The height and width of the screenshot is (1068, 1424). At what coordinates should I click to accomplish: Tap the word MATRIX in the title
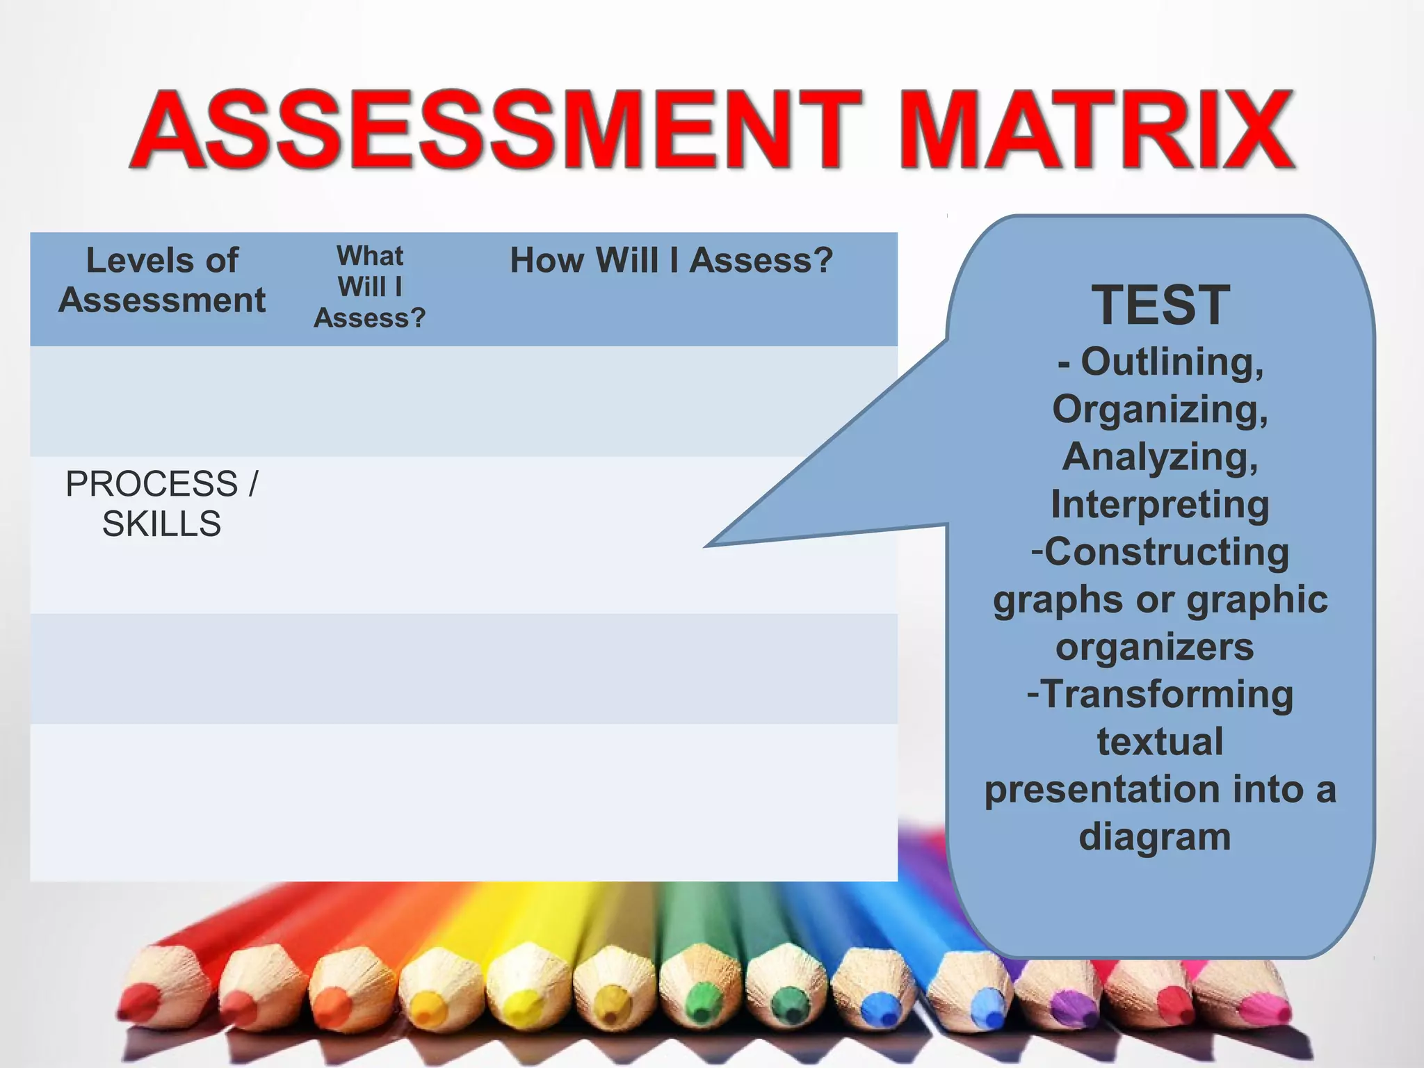pos(1099,130)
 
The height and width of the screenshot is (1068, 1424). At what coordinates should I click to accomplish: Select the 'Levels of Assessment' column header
pos(162,280)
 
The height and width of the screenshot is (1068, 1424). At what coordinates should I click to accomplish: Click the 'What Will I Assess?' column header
pos(370,286)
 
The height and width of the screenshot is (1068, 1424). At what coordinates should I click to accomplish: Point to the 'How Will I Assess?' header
pos(671,261)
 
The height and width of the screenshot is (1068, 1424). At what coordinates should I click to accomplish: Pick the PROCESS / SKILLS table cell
pos(161,504)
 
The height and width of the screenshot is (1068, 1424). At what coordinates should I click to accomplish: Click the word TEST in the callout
pos(1160,305)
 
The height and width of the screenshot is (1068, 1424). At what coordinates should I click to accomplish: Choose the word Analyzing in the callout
pos(1160,457)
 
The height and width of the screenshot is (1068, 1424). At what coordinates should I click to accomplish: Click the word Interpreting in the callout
pos(1160,504)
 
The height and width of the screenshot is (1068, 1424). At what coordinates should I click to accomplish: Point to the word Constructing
pos(1166,552)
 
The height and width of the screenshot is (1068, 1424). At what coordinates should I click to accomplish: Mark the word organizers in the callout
pos(1154,647)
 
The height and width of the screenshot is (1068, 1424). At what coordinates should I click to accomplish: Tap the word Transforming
pos(1167,695)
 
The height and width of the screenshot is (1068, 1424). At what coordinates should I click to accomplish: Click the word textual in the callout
pos(1160,742)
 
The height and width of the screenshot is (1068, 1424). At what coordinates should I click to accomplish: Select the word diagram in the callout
pos(1154,836)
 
